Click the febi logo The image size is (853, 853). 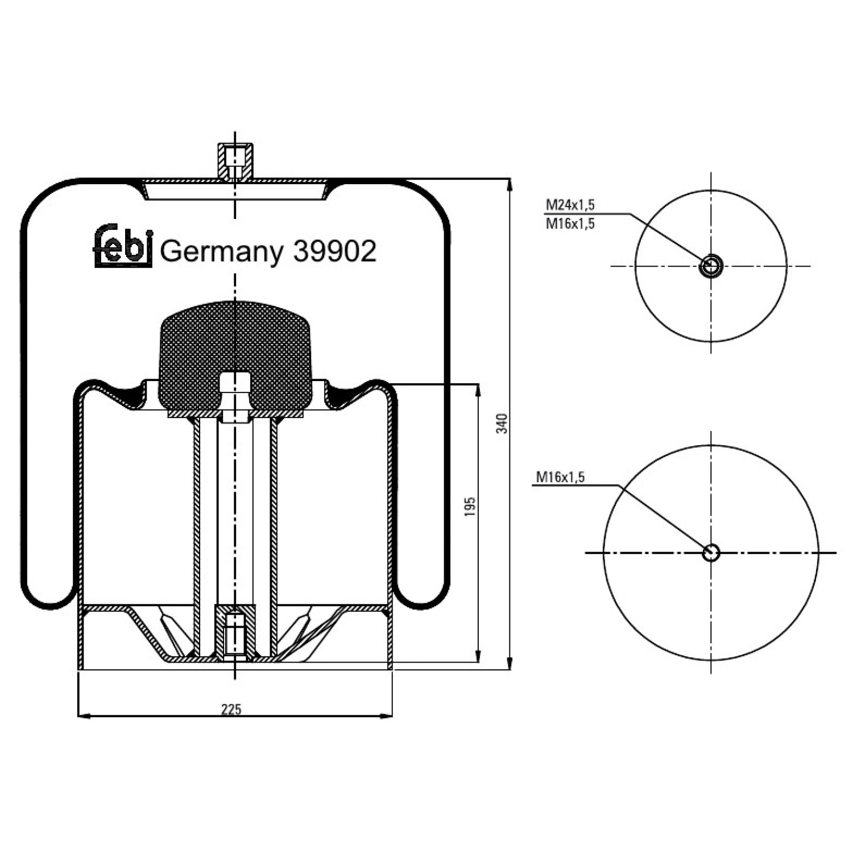tap(123, 246)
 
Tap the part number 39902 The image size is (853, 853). tap(334, 251)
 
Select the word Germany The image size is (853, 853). tap(222, 252)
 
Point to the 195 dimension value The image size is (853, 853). tap(470, 507)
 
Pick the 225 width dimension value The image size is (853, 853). tap(231, 709)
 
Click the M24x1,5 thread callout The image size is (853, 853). tap(570, 205)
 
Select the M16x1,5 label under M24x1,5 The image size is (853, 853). tap(570, 223)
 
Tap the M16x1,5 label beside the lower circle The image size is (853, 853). tap(561, 477)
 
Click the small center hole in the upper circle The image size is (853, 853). tap(710, 266)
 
